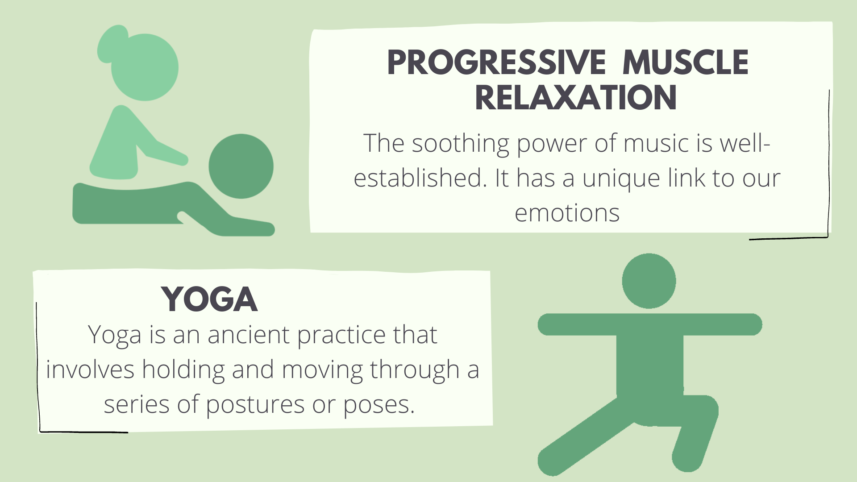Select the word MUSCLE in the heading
pos(686,62)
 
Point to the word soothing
pos(460,144)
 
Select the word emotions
pos(567,213)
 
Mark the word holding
pos(183,370)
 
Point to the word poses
pos(379,405)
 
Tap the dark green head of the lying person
pos(241,166)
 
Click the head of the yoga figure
pos(649,281)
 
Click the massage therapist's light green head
pos(145,67)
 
